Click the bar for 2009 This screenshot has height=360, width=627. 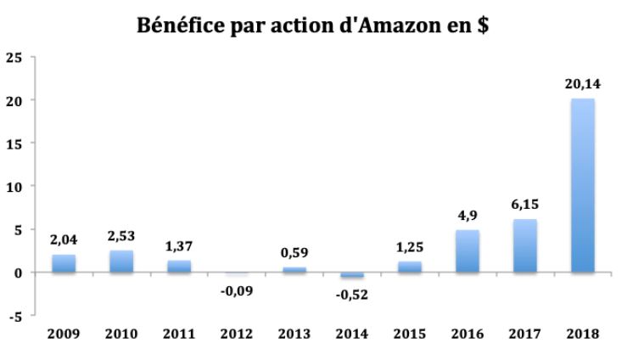[63, 263]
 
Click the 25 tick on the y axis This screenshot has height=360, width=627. [14, 57]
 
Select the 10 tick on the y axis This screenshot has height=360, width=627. [14, 187]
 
